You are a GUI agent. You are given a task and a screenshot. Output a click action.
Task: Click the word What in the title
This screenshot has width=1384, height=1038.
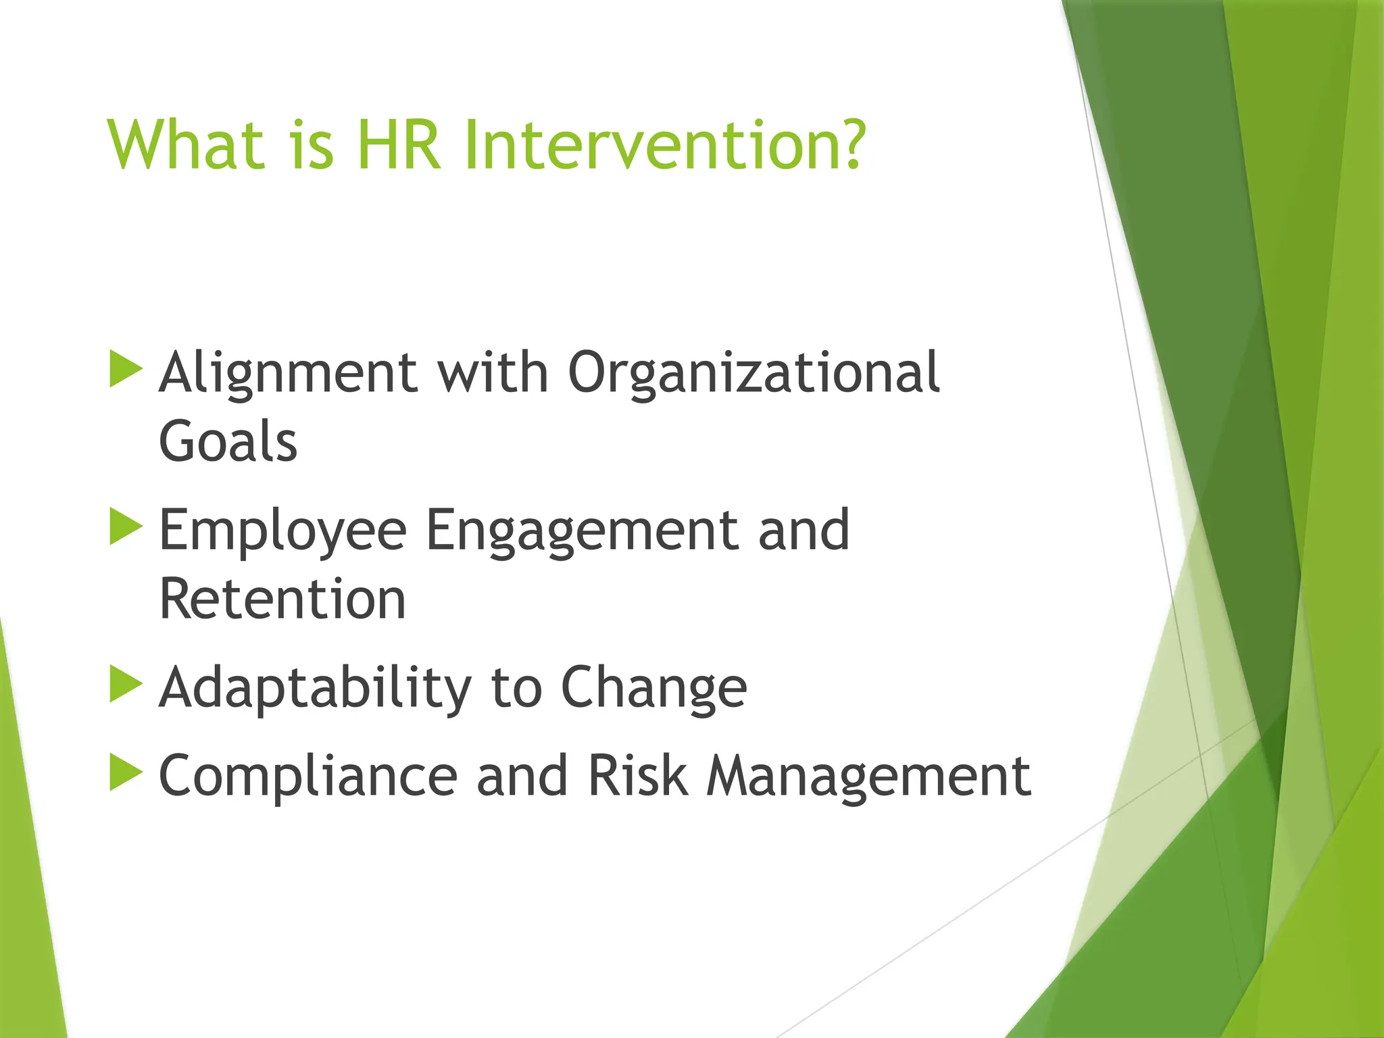coord(185,145)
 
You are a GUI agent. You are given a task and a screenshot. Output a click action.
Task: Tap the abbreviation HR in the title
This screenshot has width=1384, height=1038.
coord(399,145)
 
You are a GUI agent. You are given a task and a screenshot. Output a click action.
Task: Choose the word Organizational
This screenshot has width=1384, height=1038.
coord(753,374)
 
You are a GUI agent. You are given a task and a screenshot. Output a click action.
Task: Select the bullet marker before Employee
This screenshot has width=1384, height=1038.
coord(125,526)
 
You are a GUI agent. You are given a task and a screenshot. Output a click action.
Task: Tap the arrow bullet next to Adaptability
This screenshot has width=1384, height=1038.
coord(125,684)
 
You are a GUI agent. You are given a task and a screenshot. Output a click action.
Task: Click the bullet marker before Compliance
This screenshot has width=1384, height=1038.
coord(125,772)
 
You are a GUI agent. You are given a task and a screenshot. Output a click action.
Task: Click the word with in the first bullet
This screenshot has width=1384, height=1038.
coord(493,372)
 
